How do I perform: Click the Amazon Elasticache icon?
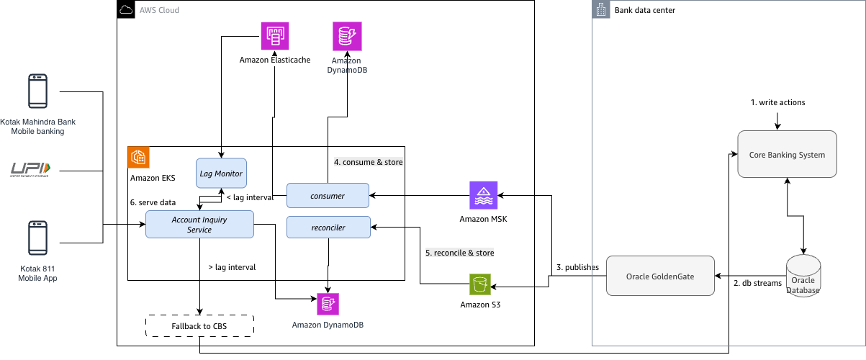pyautogui.click(x=274, y=35)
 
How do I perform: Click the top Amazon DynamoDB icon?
pyautogui.click(x=347, y=35)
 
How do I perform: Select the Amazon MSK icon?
pyautogui.click(x=483, y=195)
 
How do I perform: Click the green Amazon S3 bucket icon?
pyautogui.click(x=480, y=284)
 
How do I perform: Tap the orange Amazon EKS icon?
pyautogui.click(x=138, y=158)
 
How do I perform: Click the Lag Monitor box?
pyautogui.click(x=221, y=174)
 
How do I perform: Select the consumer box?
pyautogui.click(x=328, y=195)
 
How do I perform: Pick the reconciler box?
pyautogui.click(x=328, y=227)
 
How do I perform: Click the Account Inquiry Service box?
pyautogui.click(x=199, y=224)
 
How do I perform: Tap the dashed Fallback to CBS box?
pyautogui.click(x=199, y=326)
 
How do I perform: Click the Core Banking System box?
pyautogui.click(x=787, y=154)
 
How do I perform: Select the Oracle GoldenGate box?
pyautogui.click(x=660, y=276)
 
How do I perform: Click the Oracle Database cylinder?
pyautogui.click(x=803, y=276)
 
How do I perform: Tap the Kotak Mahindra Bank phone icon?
pyautogui.click(x=37, y=91)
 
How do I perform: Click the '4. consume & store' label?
pyautogui.click(x=368, y=162)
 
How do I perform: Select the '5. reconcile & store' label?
pyautogui.click(x=459, y=253)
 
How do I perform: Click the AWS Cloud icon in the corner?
pyautogui.click(x=126, y=10)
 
